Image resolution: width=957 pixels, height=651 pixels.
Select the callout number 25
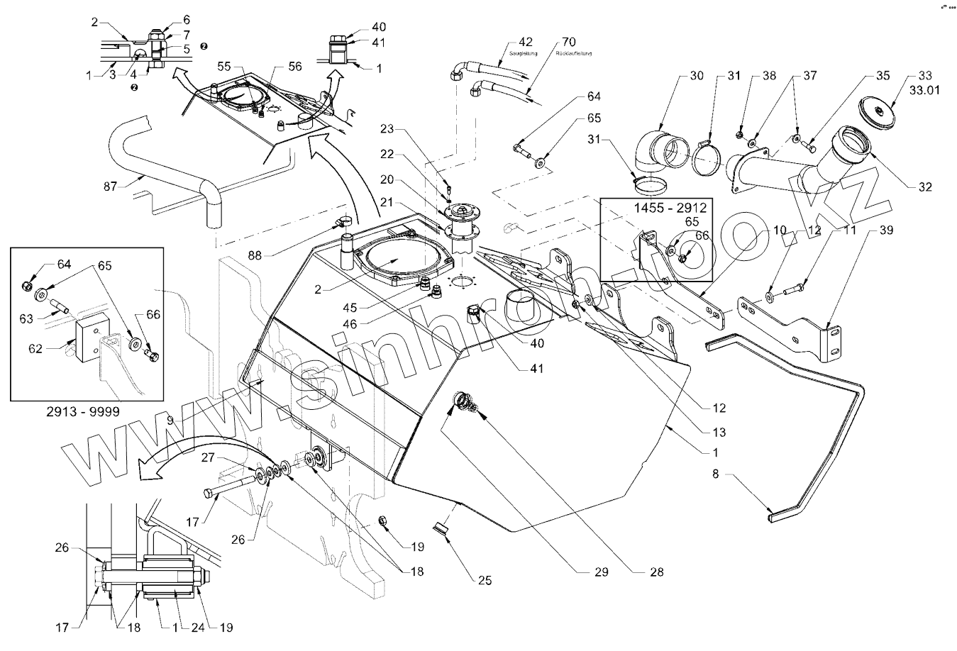click(485, 581)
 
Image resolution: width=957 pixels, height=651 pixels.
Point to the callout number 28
click(656, 572)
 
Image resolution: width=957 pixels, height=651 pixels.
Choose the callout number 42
click(526, 42)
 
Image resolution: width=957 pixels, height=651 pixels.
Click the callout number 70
click(568, 42)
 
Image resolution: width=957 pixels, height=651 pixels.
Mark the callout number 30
click(697, 76)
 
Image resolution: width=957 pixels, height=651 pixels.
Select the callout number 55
click(225, 65)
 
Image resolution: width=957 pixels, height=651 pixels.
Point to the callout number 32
click(924, 187)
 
